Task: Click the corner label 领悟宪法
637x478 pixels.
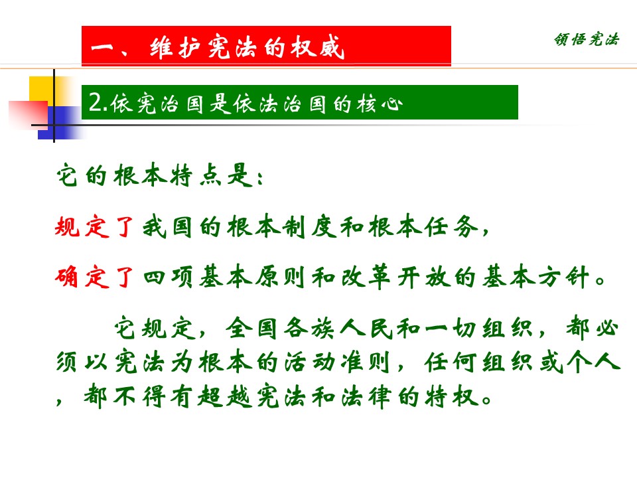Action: (x=586, y=39)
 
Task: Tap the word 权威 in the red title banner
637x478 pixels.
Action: (x=318, y=48)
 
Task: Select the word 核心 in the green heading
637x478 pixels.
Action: (x=380, y=104)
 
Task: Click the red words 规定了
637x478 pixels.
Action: (x=94, y=226)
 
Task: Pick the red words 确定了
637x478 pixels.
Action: (x=94, y=278)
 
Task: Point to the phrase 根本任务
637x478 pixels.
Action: (x=424, y=226)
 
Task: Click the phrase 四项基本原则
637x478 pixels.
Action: (x=224, y=278)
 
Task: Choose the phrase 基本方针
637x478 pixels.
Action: (x=536, y=278)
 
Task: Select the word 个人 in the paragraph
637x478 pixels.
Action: (x=593, y=362)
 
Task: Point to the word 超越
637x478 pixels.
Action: (x=225, y=396)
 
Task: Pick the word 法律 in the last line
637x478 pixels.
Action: (x=367, y=396)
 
